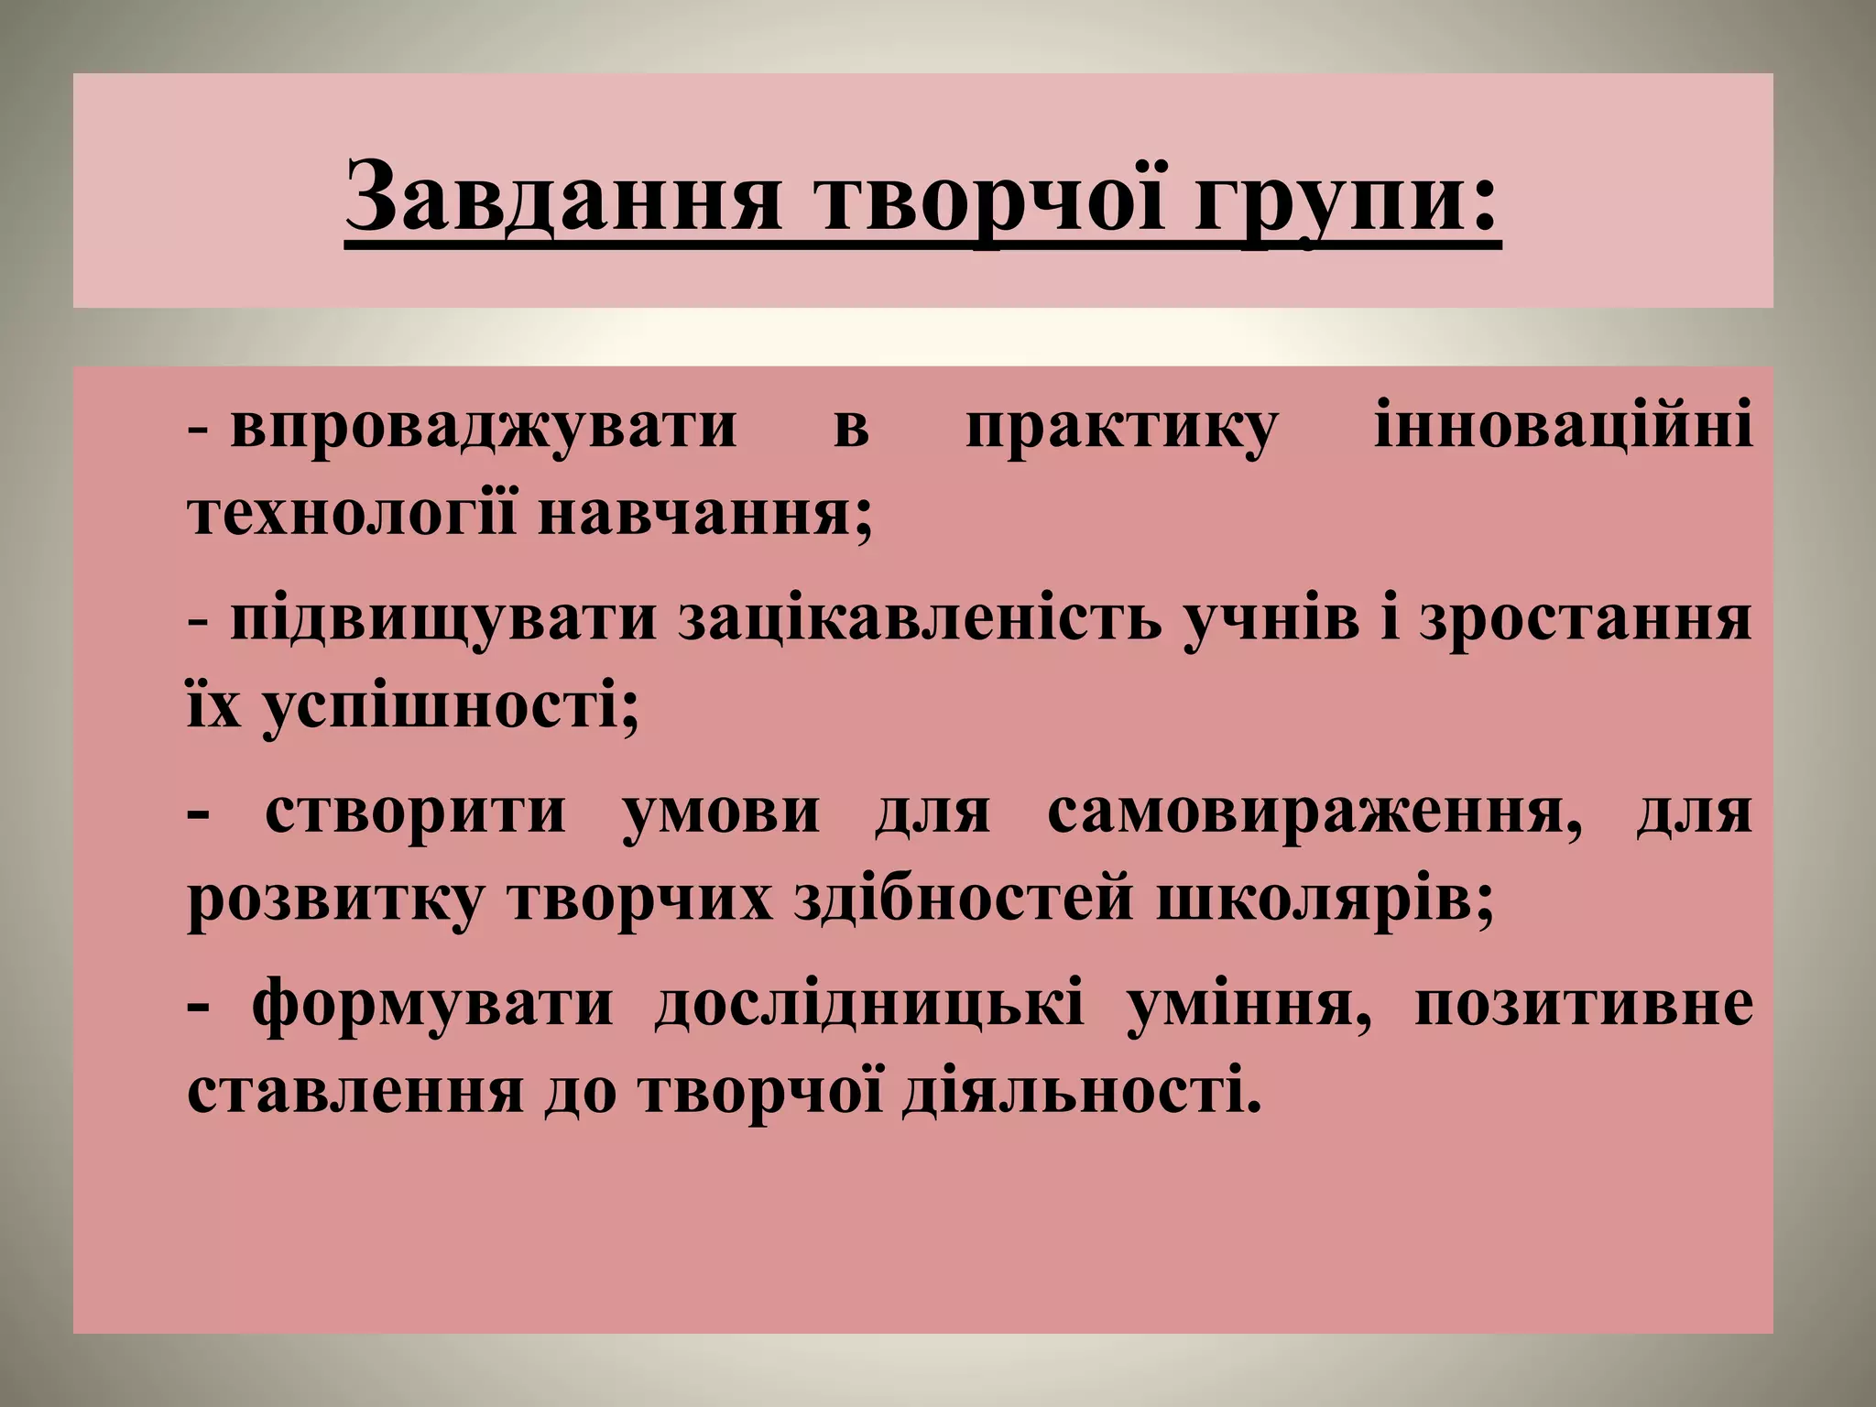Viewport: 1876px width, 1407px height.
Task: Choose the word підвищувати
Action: tap(444, 622)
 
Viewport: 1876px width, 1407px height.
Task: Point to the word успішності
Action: tap(449, 710)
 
